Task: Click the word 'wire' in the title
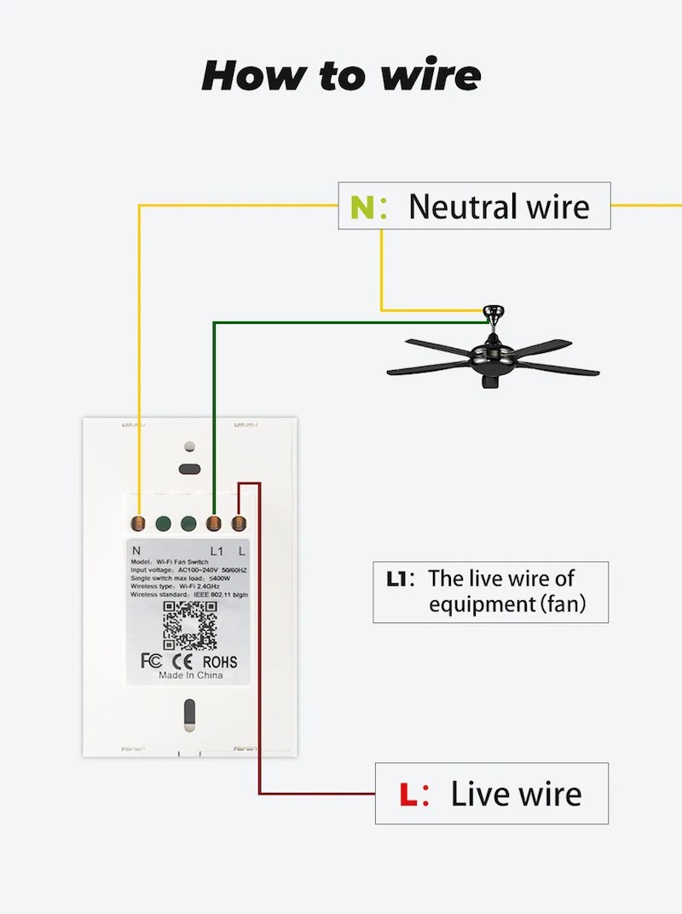pos(431,75)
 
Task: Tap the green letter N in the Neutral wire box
pos(362,207)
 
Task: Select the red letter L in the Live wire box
pos(408,795)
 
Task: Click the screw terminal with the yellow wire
pos(138,524)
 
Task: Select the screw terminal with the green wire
pos(214,524)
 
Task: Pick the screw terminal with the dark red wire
pos(239,524)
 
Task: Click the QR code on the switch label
pos(189,625)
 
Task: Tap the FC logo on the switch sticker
pos(150,661)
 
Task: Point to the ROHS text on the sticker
pos(220,661)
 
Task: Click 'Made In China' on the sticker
pos(190,675)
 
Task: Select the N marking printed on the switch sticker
pos(137,551)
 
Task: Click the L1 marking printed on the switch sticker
pos(217,551)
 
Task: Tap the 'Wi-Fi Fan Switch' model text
pos(182,562)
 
